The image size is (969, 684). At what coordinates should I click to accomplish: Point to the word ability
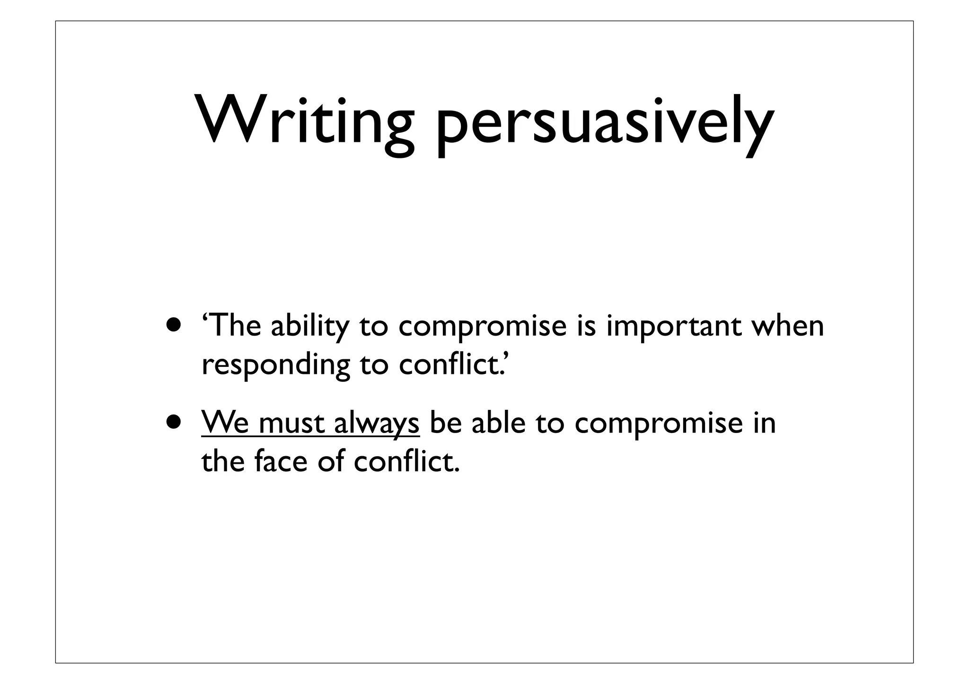pyautogui.click(x=309, y=326)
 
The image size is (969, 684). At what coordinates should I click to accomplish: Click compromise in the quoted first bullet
pyautogui.click(x=482, y=326)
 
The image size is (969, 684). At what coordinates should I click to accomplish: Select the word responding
pyautogui.click(x=276, y=365)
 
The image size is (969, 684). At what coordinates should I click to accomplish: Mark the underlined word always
pyautogui.click(x=377, y=423)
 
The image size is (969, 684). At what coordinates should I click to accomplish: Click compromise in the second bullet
pyautogui.click(x=659, y=423)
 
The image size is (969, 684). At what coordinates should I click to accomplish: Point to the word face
pyautogui.click(x=281, y=461)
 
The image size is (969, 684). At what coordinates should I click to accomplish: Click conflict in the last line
pyautogui.click(x=406, y=461)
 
